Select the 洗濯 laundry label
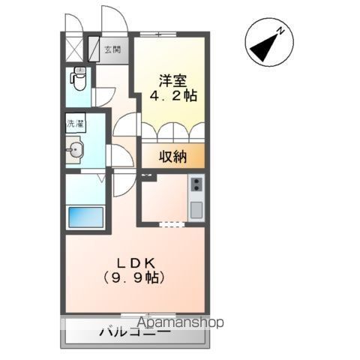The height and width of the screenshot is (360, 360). tap(75, 124)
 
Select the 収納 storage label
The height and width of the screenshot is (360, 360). tap(172, 157)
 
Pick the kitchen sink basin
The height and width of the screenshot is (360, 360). tap(196, 209)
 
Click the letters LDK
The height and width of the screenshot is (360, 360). tap(134, 262)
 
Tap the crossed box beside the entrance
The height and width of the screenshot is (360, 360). tap(73, 49)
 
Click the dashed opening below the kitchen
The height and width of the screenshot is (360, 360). tap(172, 223)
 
